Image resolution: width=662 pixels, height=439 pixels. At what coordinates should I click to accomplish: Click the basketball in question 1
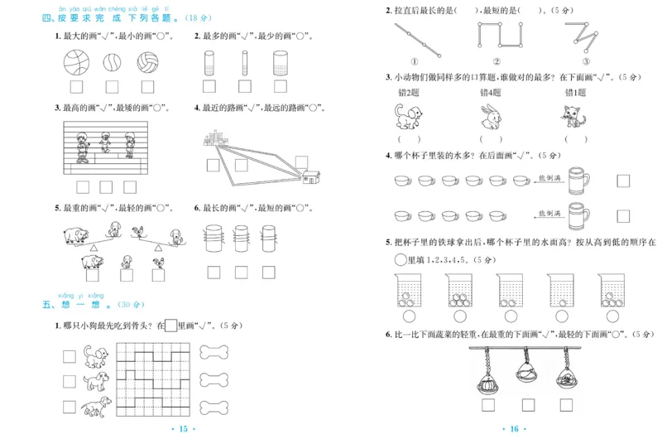pos(77,62)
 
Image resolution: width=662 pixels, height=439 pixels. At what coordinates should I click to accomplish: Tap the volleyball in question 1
pos(147,62)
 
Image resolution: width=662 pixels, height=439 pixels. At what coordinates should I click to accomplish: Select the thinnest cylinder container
pos(245,63)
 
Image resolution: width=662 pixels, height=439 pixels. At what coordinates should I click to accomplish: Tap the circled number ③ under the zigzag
pos(585,62)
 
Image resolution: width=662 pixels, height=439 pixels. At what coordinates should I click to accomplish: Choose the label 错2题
pos(410,93)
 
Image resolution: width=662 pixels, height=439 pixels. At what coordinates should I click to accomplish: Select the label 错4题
pos(492,93)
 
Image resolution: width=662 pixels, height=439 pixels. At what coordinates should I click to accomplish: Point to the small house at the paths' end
pos(311,176)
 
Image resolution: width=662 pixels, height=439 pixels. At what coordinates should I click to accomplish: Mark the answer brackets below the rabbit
pos(492,139)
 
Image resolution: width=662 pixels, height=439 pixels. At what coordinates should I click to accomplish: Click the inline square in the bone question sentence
pos(171,326)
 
